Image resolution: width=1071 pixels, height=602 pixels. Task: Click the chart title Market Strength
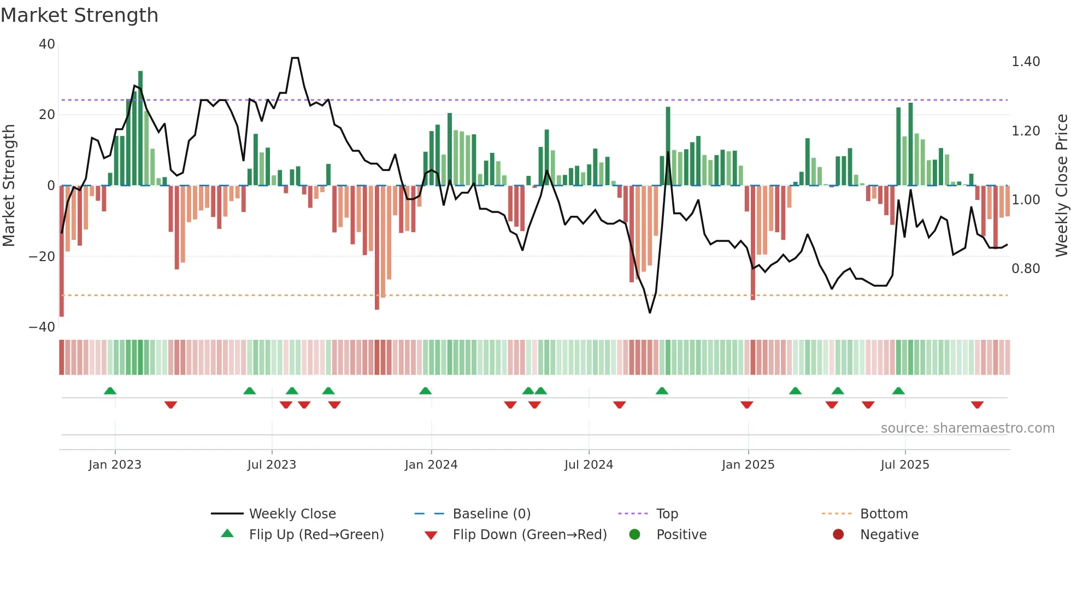click(79, 15)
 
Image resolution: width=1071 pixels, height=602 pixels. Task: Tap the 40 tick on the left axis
click(47, 44)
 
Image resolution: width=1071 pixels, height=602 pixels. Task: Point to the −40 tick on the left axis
click(43, 327)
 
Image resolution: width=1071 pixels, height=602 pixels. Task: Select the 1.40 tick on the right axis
click(1025, 62)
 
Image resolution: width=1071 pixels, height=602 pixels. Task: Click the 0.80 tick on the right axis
click(1025, 269)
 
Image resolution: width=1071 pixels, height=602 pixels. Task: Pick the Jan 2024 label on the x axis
click(431, 465)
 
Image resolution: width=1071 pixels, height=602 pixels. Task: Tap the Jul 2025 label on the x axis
click(904, 465)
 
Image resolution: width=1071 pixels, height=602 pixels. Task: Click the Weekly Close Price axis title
click(1061, 186)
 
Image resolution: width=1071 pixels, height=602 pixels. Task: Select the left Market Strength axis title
click(9, 186)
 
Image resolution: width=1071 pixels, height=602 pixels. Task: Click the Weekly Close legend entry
click(292, 514)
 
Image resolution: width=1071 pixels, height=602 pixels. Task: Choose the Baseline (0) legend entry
click(491, 514)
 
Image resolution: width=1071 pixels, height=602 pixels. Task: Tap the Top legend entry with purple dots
click(667, 514)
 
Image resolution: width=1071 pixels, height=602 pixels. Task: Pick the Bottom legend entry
click(884, 514)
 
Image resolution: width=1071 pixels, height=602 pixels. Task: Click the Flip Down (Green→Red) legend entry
click(529, 535)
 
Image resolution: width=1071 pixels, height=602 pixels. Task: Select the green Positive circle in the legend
click(634, 535)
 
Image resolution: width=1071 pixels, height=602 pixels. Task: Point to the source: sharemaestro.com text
click(967, 428)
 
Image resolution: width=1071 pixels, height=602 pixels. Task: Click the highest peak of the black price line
click(295, 58)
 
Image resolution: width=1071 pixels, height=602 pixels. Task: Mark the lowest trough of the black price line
click(650, 312)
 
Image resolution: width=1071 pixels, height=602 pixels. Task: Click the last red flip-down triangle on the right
click(977, 405)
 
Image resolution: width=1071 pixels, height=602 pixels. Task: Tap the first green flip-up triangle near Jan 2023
click(110, 391)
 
